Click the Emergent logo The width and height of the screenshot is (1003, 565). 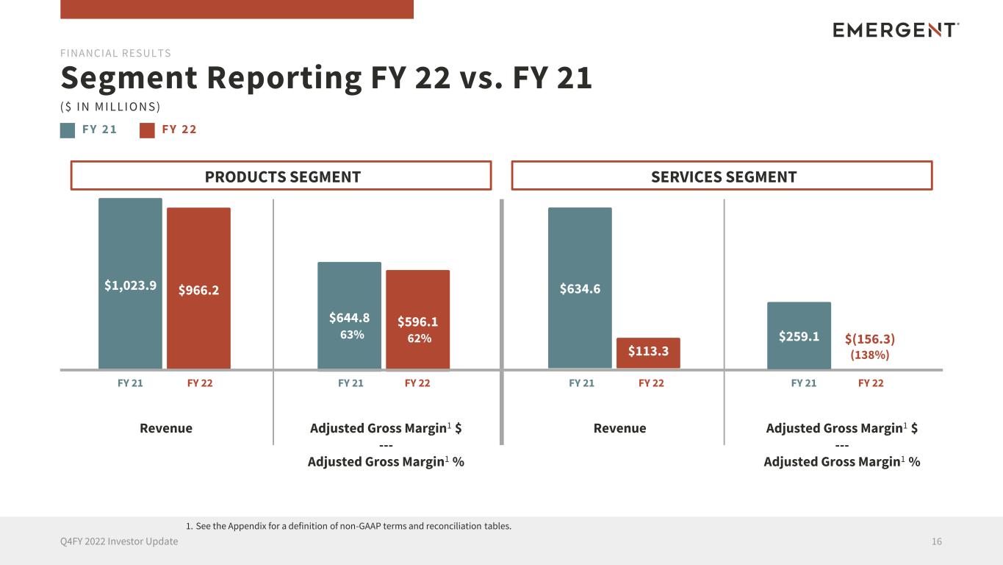(x=896, y=29)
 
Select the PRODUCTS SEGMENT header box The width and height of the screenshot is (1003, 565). (x=281, y=176)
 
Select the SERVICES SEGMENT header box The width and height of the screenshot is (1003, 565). (x=722, y=176)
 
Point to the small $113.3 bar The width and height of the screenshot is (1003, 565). (x=648, y=352)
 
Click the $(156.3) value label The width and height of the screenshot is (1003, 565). (x=870, y=338)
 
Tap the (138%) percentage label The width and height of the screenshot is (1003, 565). (x=870, y=355)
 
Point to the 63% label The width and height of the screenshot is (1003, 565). (x=352, y=335)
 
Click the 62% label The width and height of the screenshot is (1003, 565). (x=419, y=338)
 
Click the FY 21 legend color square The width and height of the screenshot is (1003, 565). (x=68, y=130)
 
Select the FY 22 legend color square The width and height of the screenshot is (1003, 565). (x=148, y=130)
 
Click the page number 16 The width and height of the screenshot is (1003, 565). (x=936, y=541)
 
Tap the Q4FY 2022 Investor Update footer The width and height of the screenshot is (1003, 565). (x=119, y=541)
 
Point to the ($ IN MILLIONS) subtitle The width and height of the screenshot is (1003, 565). (x=110, y=107)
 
